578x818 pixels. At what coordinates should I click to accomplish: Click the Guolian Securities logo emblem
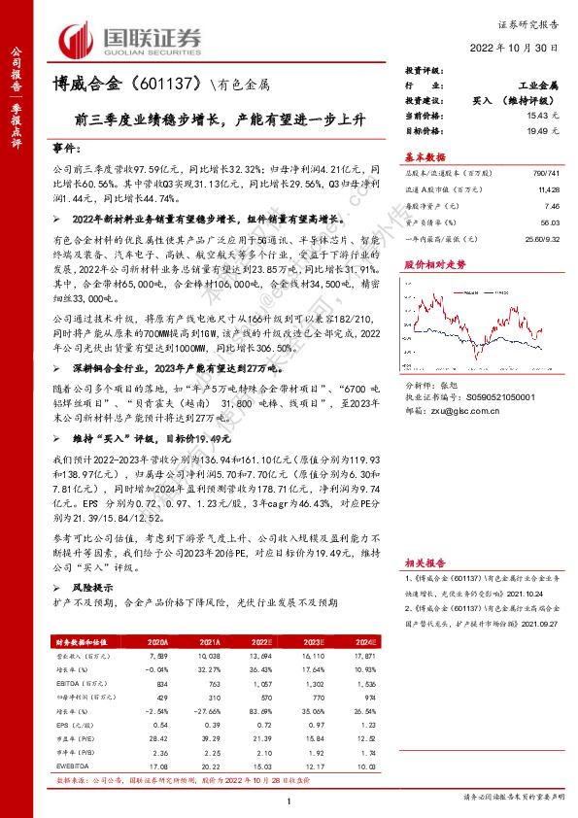tap(76, 38)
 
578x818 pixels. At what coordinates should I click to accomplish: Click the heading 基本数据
tap(425, 155)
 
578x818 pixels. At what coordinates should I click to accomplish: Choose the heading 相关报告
tap(425, 562)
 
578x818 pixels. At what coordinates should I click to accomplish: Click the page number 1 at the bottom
tap(289, 800)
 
